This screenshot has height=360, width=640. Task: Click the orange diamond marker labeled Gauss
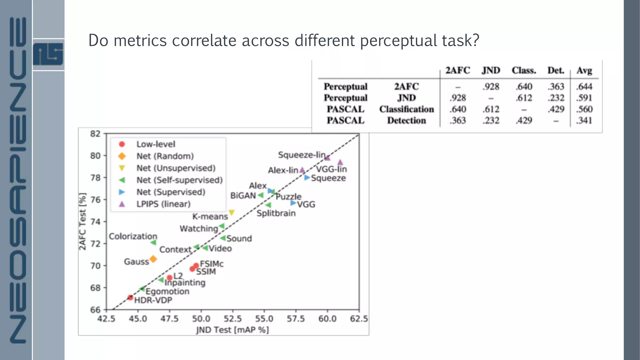click(153, 259)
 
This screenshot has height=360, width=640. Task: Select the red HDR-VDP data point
click(130, 297)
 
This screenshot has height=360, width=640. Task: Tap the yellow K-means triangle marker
click(232, 213)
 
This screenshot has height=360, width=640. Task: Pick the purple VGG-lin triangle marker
click(340, 162)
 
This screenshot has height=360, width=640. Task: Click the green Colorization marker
click(153, 242)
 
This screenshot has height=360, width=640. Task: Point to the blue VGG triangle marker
click(293, 203)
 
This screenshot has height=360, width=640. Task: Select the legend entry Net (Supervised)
click(171, 192)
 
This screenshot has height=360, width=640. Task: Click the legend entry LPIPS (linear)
click(163, 204)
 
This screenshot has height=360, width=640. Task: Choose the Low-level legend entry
click(156, 144)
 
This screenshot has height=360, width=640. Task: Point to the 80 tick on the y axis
click(95, 156)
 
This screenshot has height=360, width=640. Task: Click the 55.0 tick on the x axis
click(264, 319)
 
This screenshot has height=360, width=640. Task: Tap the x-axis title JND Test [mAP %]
click(232, 330)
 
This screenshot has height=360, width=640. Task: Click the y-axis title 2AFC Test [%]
click(82, 221)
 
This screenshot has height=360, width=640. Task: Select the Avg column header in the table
click(584, 70)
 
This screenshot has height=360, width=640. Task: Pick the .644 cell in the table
click(584, 87)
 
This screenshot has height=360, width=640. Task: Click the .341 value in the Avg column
click(584, 120)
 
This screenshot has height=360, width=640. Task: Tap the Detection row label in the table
click(406, 120)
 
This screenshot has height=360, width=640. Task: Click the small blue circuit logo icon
click(48, 54)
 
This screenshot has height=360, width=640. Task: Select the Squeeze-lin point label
click(302, 155)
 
